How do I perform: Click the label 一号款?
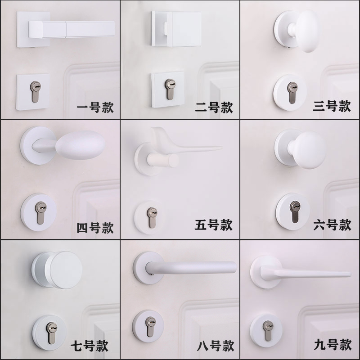(95, 108)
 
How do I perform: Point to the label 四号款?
(95, 227)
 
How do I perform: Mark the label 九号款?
(333, 345)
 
